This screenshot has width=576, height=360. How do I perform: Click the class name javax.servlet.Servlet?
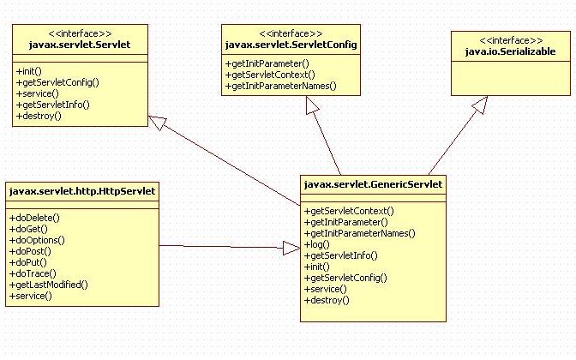point(69,42)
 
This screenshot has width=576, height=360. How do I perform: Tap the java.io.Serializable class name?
point(510,52)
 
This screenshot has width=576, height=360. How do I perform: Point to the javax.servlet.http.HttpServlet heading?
point(82,190)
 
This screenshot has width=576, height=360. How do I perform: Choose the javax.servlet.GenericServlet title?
point(373,183)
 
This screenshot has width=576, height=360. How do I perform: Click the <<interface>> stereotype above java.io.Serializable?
point(510,40)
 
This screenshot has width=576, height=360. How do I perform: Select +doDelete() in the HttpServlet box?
point(34,218)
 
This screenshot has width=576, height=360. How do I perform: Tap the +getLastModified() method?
point(49,285)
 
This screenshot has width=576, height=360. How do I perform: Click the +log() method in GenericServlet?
point(316,244)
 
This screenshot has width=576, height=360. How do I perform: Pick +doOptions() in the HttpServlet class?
point(37,240)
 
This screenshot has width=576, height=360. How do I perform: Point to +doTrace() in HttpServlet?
point(33,273)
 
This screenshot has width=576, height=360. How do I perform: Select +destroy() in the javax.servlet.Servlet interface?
point(39,116)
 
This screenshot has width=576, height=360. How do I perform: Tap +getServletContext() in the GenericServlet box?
point(349,211)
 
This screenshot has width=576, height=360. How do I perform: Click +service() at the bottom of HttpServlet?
point(31,296)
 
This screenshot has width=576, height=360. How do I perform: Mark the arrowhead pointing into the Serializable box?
point(478,105)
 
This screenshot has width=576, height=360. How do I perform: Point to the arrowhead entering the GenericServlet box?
point(291,247)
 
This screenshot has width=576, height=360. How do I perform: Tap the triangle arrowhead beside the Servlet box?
point(159,122)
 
